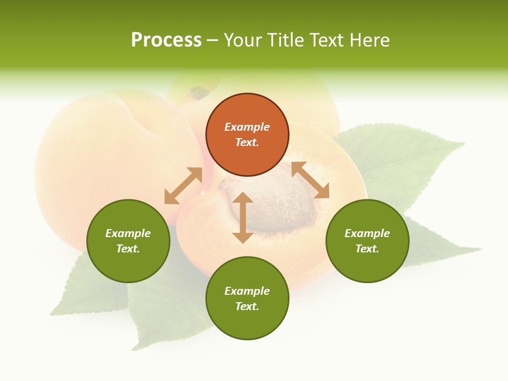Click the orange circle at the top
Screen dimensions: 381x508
[x=247, y=135]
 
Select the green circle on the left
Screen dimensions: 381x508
[x=128, y=241]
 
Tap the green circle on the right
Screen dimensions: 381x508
[x=367, y=241]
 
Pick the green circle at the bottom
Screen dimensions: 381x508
[x=247, y=298]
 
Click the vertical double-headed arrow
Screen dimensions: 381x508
[x=243, y=217]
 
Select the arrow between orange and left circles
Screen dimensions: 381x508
[x=183, y=186]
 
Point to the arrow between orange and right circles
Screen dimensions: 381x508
[x=310, y=180]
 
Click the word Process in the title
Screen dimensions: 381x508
[x=166, y=40]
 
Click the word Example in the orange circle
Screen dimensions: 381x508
[x=247, y=127]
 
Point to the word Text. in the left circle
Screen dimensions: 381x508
[x=128, y=249]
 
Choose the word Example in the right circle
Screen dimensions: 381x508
[x=367, y=233]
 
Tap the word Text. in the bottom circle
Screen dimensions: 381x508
[x=247, y=306]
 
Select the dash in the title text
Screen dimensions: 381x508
[x=213, y=40]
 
